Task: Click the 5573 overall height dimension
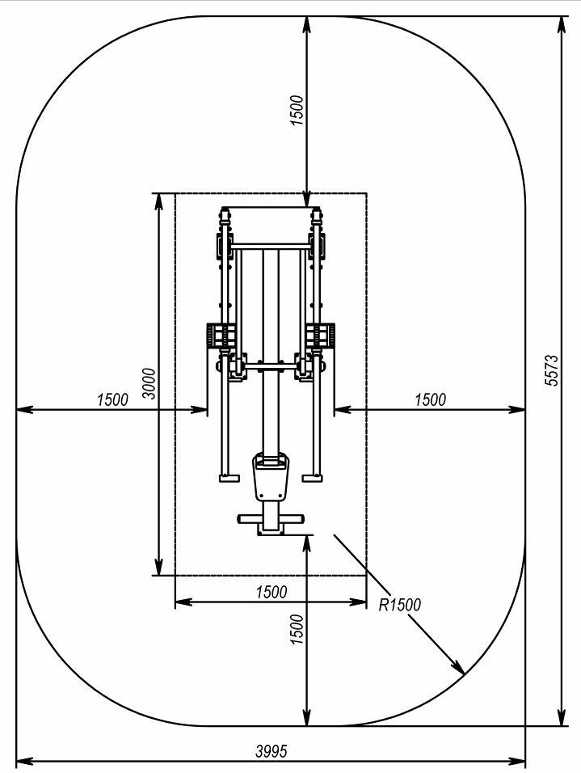click(x=552, y=370)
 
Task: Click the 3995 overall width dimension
click(x=271, y=750)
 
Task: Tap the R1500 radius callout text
click(x=400, y=603)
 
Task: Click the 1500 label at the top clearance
click(x=297, y=110)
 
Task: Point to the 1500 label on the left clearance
click(x=112, y=399)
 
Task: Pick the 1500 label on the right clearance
click(x=430, y=399)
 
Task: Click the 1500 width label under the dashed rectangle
click(x=271, y=592)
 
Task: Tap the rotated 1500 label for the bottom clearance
click(x=297, y=628)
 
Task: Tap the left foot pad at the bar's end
click(x=229, y=478)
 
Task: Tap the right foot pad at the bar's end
click(x=312, y=478)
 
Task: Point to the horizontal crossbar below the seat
click(x=270, y=518)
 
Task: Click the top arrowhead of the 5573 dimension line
click(x=561, y=21)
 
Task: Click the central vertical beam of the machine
click(x=270, y=340)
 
